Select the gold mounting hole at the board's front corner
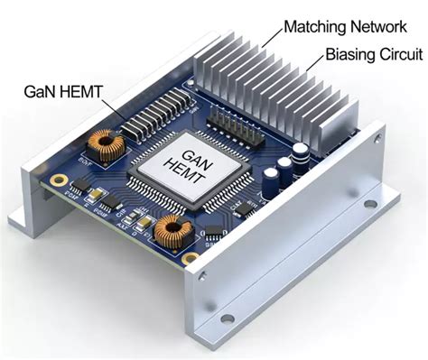(193, 261)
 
